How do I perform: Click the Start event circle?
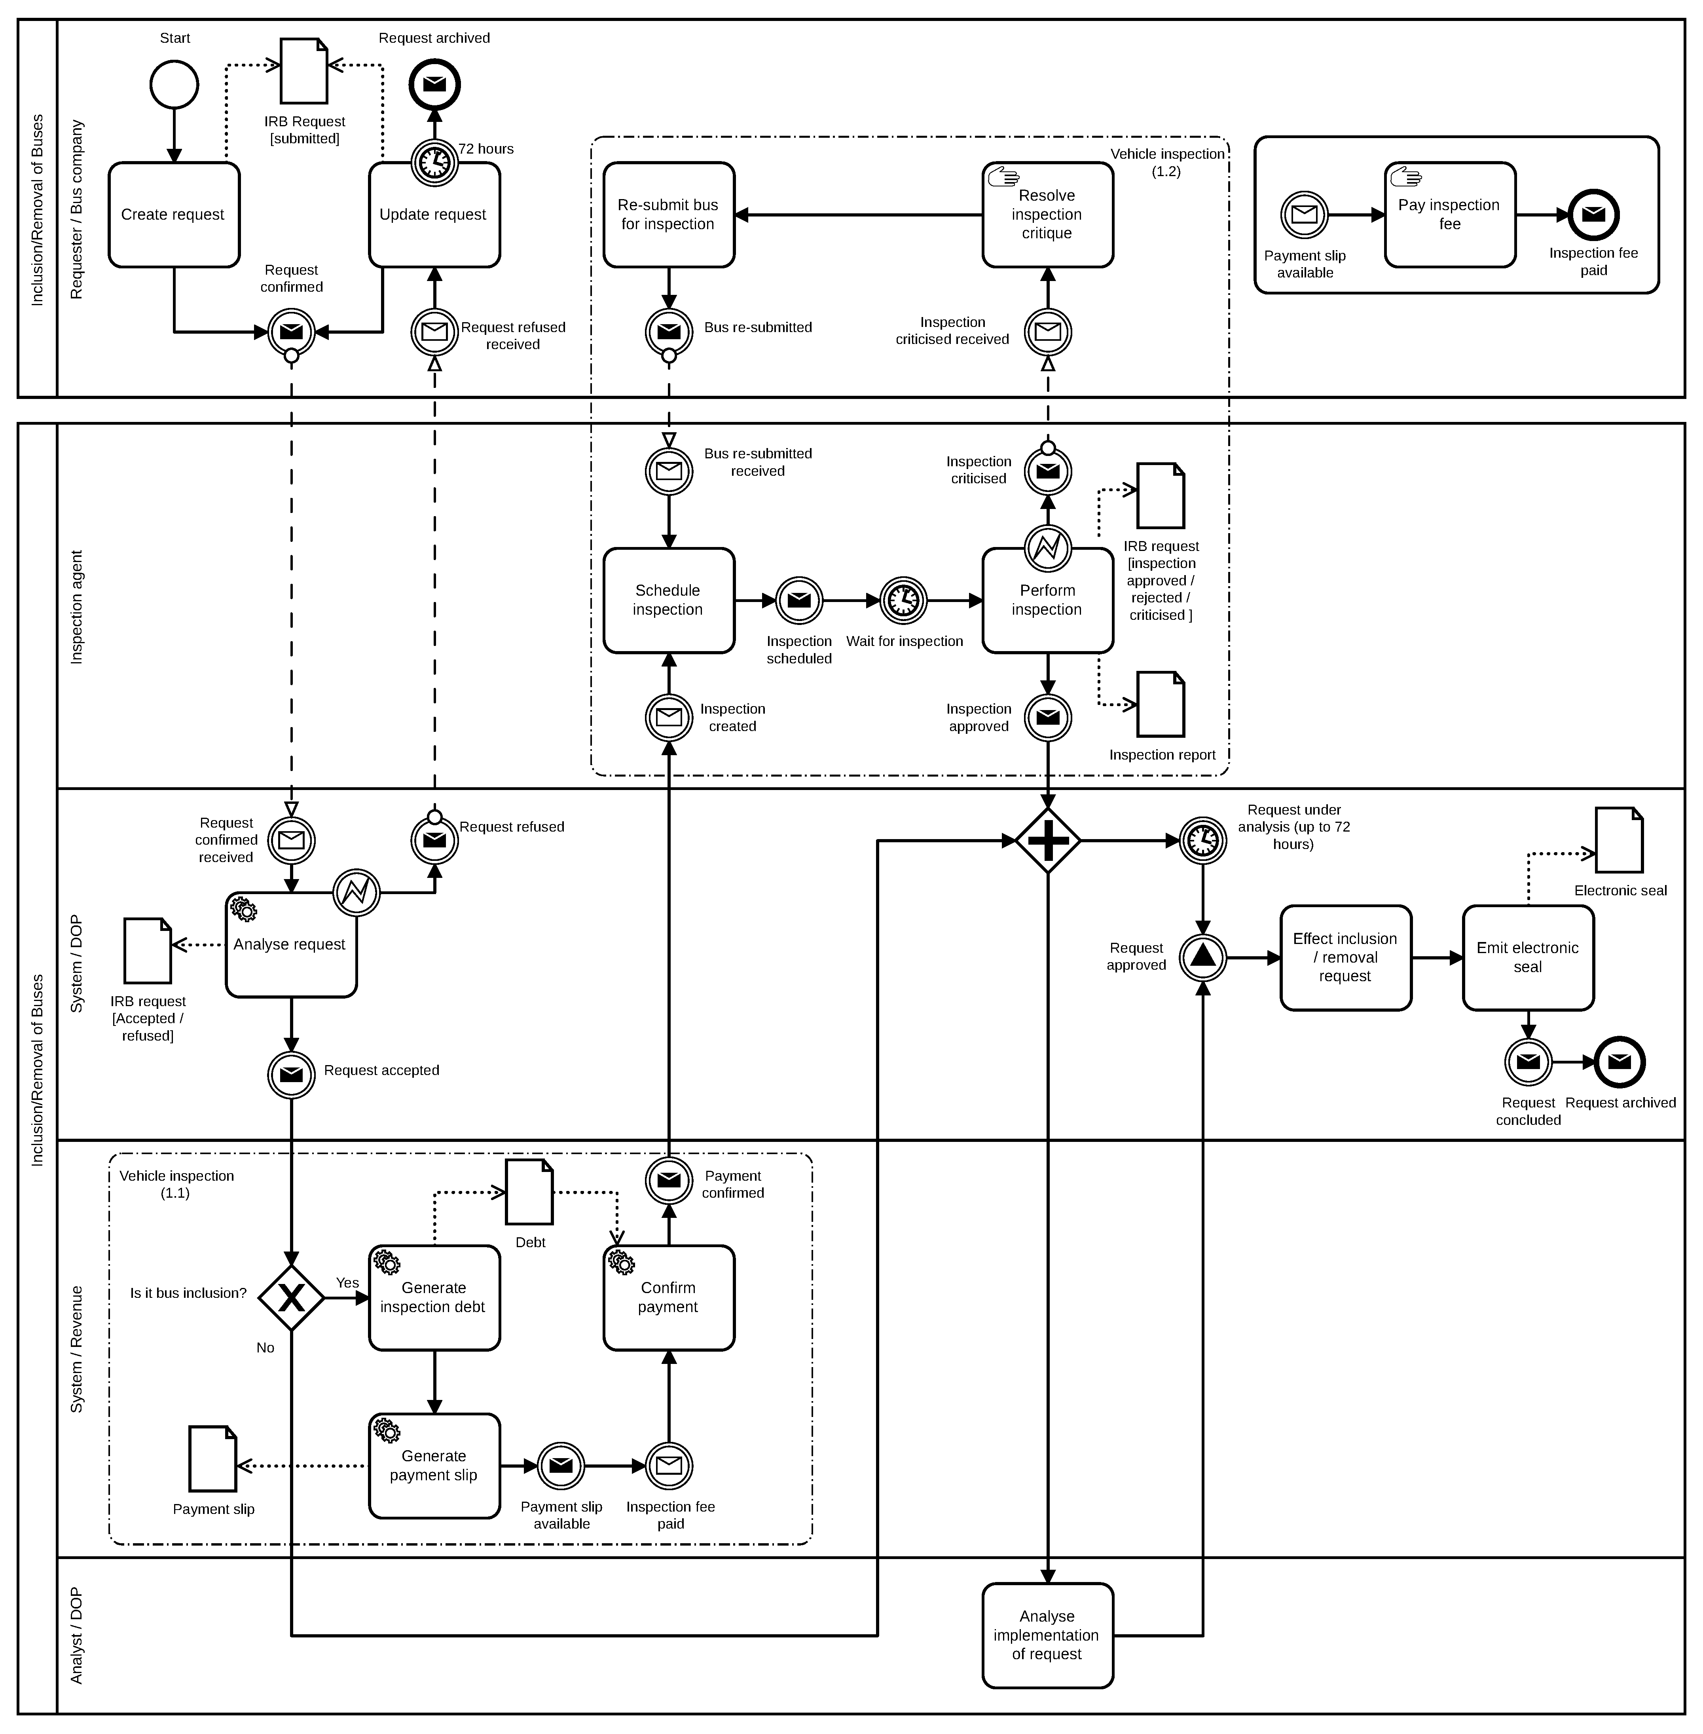[174, 85]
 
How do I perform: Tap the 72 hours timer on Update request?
[435, 163]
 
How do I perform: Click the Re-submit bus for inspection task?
[668, 215]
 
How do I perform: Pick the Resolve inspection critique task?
[1047, 215]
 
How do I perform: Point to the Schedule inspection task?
[668, 600]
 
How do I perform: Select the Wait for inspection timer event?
[903, 600]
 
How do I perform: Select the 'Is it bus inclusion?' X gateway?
[292, 1297]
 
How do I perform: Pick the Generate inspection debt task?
[435, 1297]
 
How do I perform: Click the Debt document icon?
[529, 1192]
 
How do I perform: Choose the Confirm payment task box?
[668, 1297]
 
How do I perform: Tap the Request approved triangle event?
[1203, 957]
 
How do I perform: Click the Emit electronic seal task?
[1528, 957]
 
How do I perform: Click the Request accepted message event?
[292, 1075]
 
